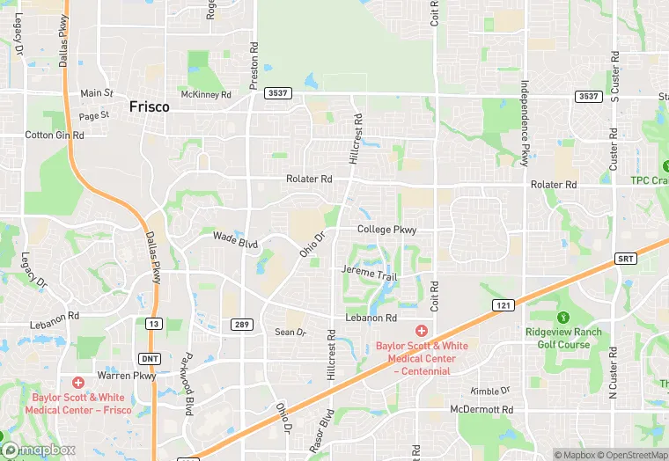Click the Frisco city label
coord(149,106)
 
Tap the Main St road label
coord(97,93)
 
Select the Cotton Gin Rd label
coord(55,135)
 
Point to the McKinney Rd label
coord(205,94)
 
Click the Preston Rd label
coord(254,63)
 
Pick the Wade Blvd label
coord(235,238)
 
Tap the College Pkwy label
coord(386,230)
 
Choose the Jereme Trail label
coord(370,274)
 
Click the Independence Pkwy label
coord(525,124)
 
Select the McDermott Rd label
coord(482,410)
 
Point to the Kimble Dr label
coord(491,390)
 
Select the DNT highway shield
coord(151,359)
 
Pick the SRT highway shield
coord(623,259)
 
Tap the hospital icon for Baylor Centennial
coord(421,331)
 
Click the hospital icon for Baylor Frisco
coord(78,383)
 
